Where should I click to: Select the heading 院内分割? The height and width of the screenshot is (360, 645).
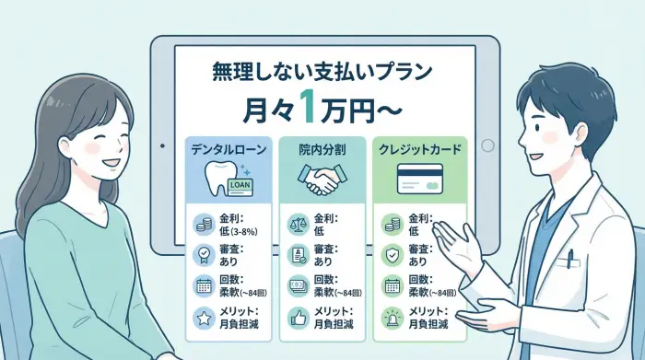click(322, 147)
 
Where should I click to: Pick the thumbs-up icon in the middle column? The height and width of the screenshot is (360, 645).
click(298, 319)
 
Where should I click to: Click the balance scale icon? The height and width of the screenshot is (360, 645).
click(298, 223)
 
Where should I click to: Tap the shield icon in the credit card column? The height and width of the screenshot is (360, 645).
click(393, 255)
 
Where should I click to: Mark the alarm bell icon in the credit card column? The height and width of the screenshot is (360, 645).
click(393, 319)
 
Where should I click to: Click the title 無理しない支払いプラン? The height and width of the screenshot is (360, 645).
click(322, 71)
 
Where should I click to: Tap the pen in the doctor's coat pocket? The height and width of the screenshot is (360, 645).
click(571, 259)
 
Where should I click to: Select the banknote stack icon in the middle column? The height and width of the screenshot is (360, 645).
click(298, 286)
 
